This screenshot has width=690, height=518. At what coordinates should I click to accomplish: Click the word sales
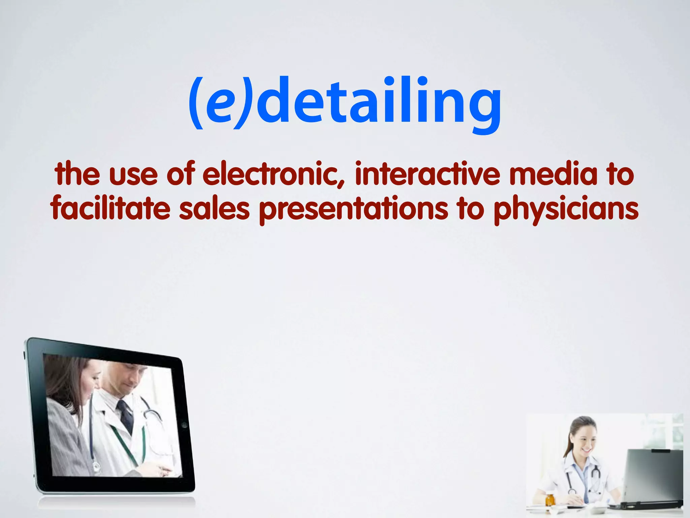point(214,209)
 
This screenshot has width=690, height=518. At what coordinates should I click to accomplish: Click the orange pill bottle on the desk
point(550,499)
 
